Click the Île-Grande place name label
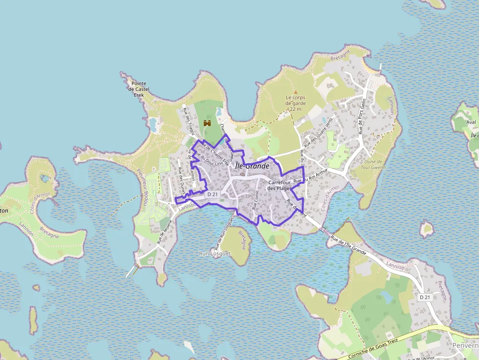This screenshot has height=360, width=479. point(252,166)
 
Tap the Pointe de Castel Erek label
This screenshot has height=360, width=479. point(139,89)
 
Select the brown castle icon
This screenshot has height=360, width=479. point(207,124)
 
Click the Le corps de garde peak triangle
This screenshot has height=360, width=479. point(295,92)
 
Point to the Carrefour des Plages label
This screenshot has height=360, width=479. point(280,185)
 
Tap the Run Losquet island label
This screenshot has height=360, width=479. point(215,254)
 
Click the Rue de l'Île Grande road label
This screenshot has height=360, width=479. point(348,245)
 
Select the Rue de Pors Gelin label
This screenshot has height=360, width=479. point(362,116)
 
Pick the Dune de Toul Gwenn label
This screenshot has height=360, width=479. point(375,164)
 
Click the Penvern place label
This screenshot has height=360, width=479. point(465,345)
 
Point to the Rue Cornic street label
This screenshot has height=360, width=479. point(256,200)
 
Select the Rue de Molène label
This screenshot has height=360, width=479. point(165,232)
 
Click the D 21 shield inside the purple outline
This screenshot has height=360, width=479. point(212,194)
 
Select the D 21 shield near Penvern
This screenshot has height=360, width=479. point(425,297)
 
